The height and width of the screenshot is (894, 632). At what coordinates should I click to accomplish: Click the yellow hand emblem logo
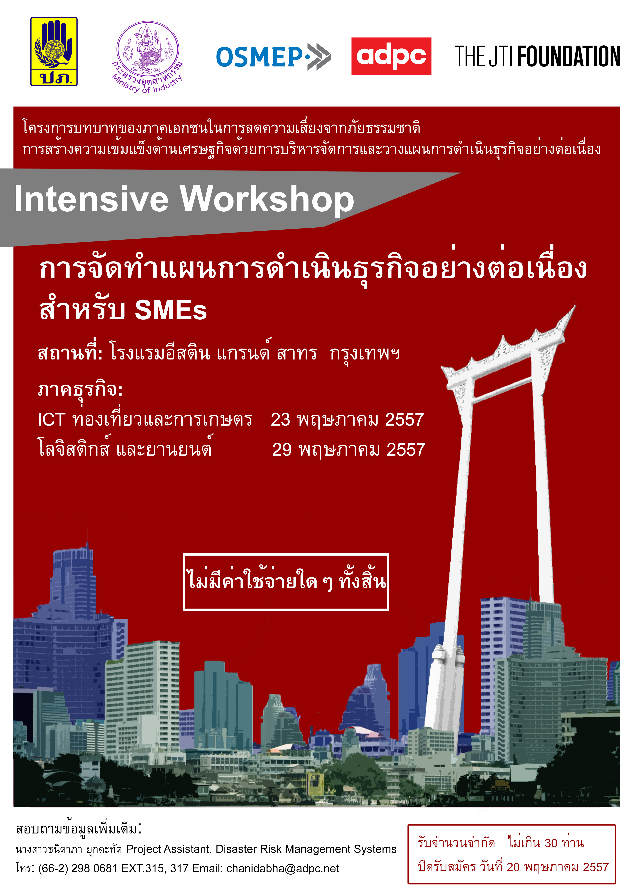point(54,51)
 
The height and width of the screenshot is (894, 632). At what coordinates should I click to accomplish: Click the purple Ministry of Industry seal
point(148,57)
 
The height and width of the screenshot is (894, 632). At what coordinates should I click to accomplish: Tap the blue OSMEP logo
point(273,57)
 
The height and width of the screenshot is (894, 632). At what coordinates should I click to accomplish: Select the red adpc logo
point(391,56)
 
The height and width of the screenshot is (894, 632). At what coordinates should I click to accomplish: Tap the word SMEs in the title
point(170,310)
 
